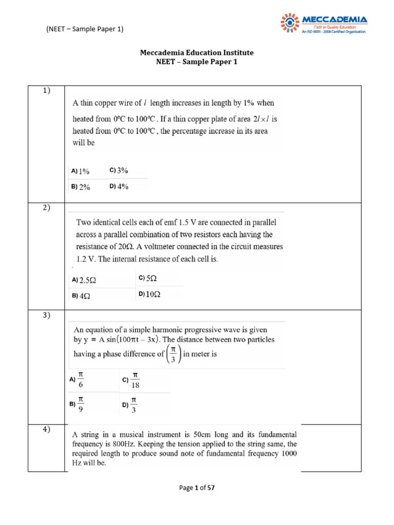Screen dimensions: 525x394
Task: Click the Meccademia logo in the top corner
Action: pos(324,24)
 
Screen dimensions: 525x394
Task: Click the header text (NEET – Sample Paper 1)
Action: pos(85,29)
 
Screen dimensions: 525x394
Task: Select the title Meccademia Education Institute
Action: pos(197,53)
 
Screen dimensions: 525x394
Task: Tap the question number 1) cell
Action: pos(46,91)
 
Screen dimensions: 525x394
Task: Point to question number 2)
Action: pos(46,208)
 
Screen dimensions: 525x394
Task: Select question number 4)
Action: pos(46,430)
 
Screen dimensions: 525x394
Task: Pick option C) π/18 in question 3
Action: pos(131,380)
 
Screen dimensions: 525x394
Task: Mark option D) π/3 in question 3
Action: pos(130,405)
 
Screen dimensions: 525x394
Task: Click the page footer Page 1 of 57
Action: pos(197,488)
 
